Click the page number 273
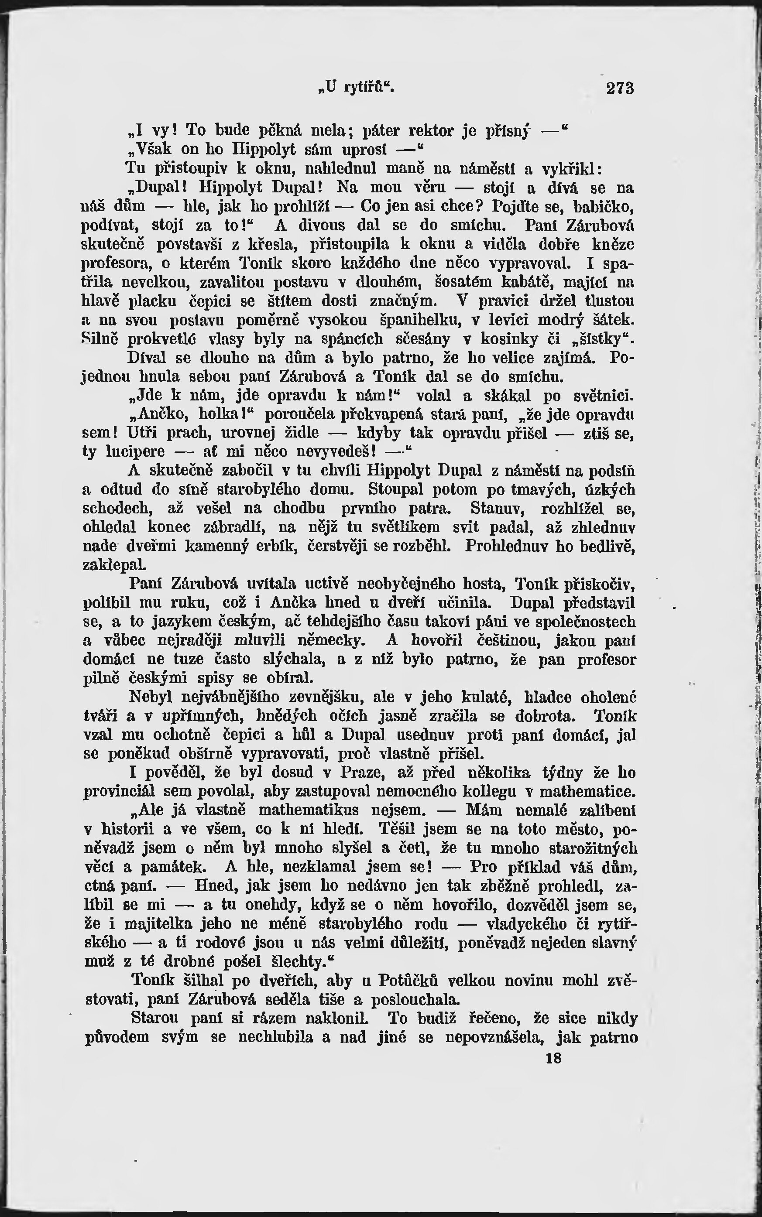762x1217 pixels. coord(619,88)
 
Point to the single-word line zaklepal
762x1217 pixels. coord(107,565)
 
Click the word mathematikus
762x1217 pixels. coord(309,810)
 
